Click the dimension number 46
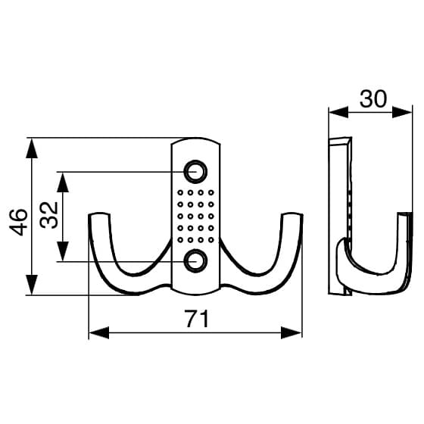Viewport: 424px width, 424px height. point(18,222)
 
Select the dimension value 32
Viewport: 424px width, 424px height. point(49,215)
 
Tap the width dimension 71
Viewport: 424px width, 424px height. point(197,319)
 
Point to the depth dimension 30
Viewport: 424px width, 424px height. point(373,98)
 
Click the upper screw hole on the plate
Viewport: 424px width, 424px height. point(195,172)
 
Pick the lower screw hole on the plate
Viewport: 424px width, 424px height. point(195,261)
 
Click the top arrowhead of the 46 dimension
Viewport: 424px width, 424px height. point(32,148)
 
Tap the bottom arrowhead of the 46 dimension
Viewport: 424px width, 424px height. point(32,285)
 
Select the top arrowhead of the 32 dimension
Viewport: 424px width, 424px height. point(62,182)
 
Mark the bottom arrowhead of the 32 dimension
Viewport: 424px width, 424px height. point(62,251)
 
